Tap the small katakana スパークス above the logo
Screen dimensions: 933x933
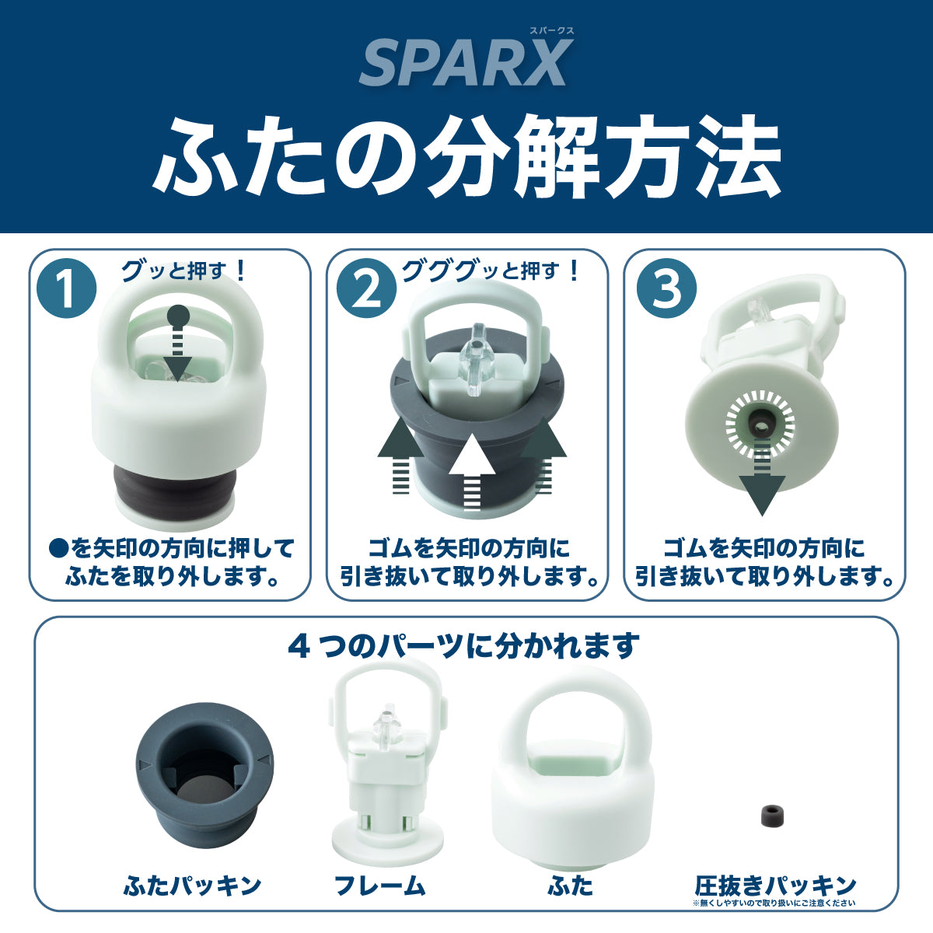pyautogui.click(x=551, y=30)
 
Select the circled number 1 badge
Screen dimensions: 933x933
pyautogui.click(x=66, y=288)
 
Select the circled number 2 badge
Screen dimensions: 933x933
pyautogui.click(x=366, y=288)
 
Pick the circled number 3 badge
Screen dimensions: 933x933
pyautogui.click(x=666, y=288)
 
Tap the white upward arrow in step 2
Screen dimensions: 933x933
pyautogui.click(x=472, y=473)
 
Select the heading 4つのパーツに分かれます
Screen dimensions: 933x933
pyautogui.click(x=463, y=646)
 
